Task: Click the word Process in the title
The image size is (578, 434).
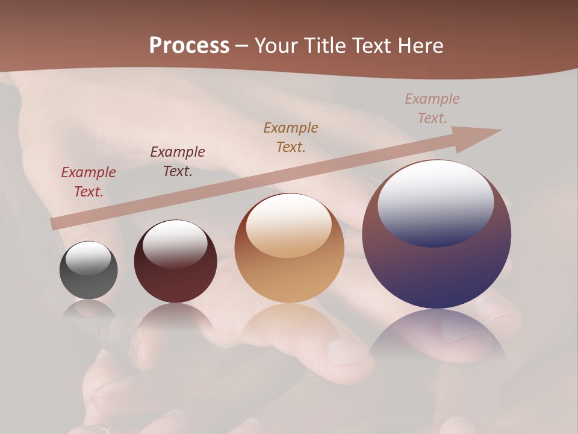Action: click(x=189, y=46)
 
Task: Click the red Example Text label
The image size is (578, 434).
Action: click(x=89, y=181)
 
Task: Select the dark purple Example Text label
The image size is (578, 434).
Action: click(x=178, y=161)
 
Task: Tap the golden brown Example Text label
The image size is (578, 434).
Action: click(x=291, y=137)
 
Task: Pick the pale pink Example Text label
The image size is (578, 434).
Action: click(x=432, y=108)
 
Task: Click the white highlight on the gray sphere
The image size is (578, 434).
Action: click(x=89, y=258)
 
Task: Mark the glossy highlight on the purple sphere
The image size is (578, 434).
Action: click(x=436, y=203)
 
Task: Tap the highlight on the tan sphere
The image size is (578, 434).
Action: click(x=289, y=225)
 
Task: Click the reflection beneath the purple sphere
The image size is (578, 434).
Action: click(x=437, y=335)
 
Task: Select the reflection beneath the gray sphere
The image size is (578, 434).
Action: click(x=89, y=309)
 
